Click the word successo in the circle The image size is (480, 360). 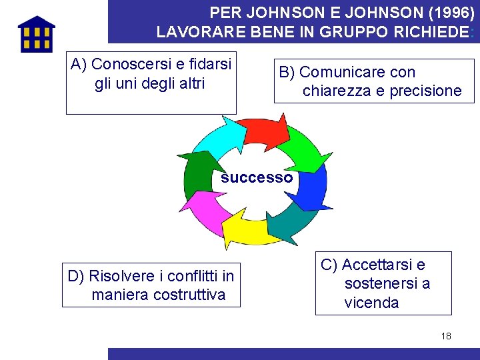point(257,178)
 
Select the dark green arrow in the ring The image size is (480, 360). point(197,173)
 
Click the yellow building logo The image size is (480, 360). point(37,34)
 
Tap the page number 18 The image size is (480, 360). point(446,336)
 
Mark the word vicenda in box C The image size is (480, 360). point(371,303)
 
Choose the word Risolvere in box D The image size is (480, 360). point(120,276)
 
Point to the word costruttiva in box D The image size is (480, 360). point(189,295)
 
